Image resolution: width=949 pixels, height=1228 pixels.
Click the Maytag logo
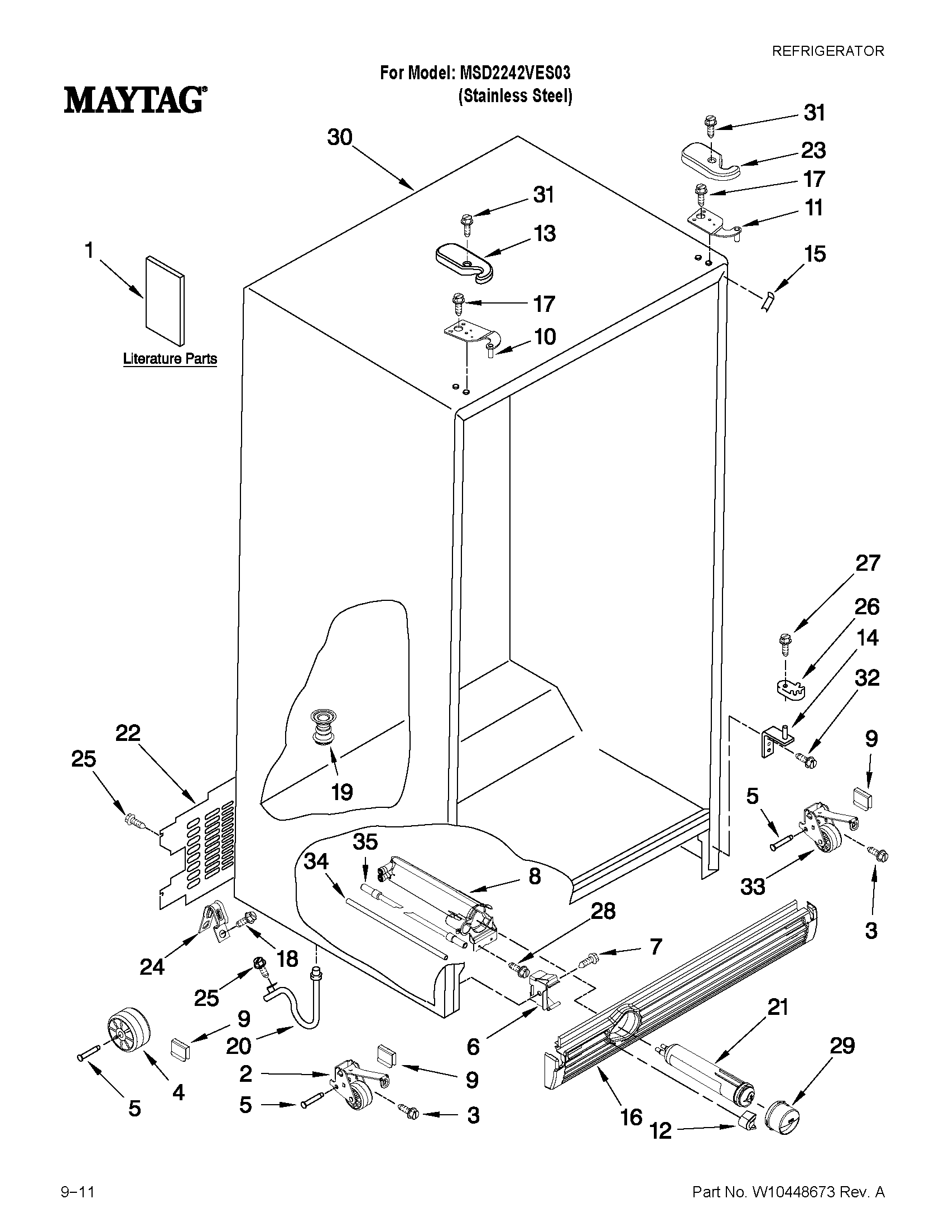point(134,100)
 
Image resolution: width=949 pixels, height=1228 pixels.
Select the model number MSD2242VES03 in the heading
point(514,73)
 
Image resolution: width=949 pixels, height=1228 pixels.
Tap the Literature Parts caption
point(170,359)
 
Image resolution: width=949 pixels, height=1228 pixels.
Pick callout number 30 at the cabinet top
point(340,138)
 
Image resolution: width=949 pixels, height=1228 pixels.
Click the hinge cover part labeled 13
point(464,261)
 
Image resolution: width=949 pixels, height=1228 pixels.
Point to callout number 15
point(815,254)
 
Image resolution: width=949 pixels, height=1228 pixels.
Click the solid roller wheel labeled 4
point(129,1030)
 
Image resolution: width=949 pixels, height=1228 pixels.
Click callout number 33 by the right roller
point(752,887)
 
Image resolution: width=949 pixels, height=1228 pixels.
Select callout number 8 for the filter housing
point(534,875)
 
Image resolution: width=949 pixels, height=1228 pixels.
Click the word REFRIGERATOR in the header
point(827,51)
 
